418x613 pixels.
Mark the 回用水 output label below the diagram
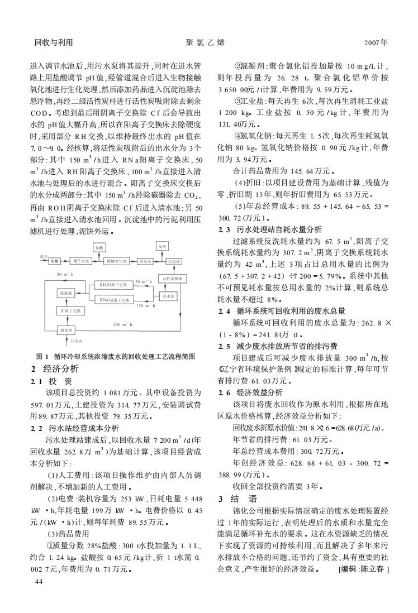(76, 341)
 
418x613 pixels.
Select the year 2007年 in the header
(376, 42)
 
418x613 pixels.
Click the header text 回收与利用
(54, 42)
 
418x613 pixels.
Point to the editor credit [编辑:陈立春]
(363, 570)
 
